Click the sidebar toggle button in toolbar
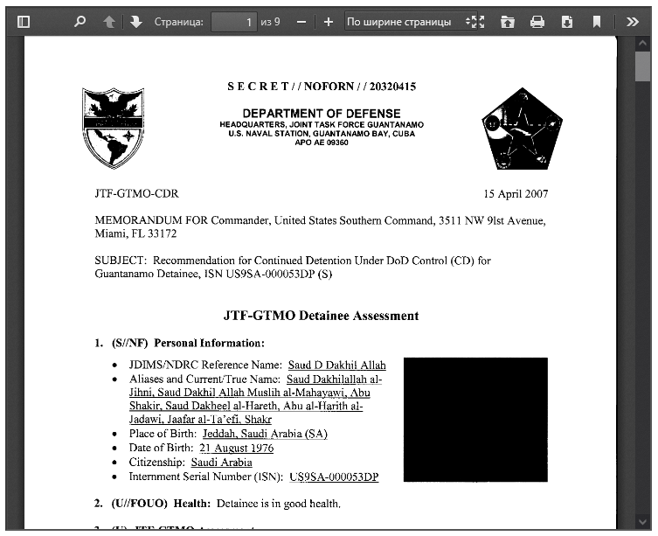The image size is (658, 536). [24, 22]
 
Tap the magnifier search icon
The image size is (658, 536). [80, 22]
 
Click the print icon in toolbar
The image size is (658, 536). [537, 22]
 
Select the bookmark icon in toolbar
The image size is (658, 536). [597, 22]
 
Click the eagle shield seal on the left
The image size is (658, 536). [113, 128]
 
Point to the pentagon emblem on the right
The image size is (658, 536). [520, 130]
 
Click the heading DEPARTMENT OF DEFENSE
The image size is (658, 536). [322, 114]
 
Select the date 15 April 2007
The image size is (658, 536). [516, 194]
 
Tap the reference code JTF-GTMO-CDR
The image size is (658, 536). [136, 194]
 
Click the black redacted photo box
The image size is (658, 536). [475, 419]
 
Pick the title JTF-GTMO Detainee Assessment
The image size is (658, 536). [321, 316]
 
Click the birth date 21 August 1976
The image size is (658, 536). [236, 448]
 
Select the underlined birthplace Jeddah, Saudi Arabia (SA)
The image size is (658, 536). [265, 434]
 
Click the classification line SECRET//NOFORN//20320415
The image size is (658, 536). [322, 87]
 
